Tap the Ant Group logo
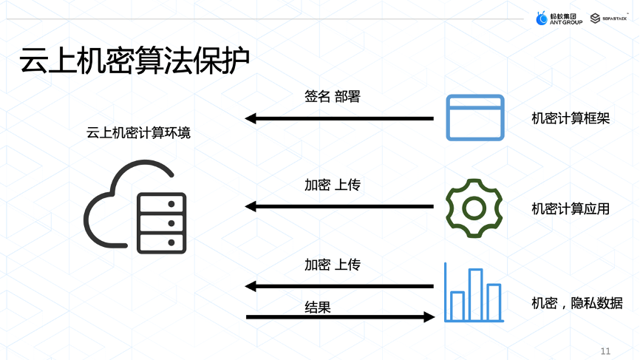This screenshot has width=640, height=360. tap(559, 18)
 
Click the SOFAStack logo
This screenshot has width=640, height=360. tap(610, 18)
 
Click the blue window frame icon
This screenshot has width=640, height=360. tap(474, 118)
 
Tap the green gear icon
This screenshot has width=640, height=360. tap(474, 208)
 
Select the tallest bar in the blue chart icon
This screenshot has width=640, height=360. tap(475, 293)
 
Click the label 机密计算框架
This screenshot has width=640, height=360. tap(571, 118)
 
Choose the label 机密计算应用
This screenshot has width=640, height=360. tap(571, 208)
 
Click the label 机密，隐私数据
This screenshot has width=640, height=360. tap(576, 303)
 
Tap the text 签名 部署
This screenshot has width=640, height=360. tap(332, 96)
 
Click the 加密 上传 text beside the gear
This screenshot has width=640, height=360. tap(333, 185)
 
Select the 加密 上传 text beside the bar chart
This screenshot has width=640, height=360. tap(333, 264)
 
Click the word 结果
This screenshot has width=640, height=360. tap(318, 307)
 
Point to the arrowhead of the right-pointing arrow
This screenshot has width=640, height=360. tap(429, 317)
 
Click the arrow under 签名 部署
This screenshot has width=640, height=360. tap(339, 118)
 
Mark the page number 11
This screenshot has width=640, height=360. tap(606, 350)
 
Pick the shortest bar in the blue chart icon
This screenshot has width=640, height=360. tap(457, 305)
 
